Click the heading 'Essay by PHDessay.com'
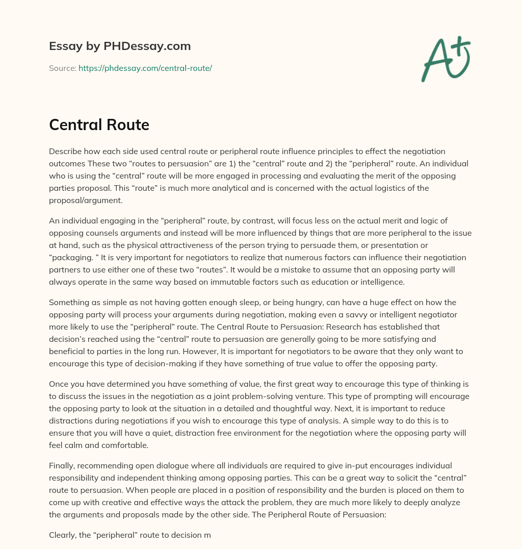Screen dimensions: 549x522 coord(120,46)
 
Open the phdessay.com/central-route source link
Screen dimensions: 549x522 coord(145,68)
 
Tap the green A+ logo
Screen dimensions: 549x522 coord(445,59)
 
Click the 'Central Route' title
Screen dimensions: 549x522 coord(99,124)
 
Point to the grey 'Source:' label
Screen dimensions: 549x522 coord(62,68)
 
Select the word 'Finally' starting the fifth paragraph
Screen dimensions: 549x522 coord(62,465)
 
